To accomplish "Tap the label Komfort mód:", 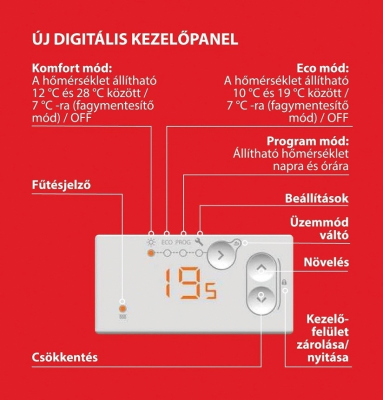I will coord(71,68).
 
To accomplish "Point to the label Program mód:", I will coord(307,141).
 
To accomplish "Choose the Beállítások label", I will coord(316,198).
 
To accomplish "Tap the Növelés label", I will coord(326,262).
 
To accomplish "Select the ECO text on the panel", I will coord(167,243).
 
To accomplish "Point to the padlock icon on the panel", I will coord(284,282).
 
